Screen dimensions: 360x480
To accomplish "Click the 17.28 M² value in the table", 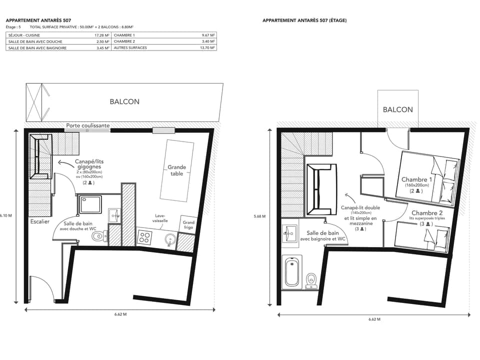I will tap(102, 35).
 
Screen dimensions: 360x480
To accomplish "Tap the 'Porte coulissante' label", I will tap(88, 125).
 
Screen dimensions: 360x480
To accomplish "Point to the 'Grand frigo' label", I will tap(188, 225).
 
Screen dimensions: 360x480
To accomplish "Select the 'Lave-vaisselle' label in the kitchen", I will tap(160, 218).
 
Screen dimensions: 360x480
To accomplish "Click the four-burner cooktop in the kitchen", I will tap(144, 237).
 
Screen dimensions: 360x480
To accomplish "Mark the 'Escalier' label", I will tap(39, 221).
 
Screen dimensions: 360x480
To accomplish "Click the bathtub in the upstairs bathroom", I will tap(292, 272).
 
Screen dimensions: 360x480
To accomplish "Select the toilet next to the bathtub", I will tap(311, 278).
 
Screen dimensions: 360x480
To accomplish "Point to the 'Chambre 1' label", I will tap(416, 179).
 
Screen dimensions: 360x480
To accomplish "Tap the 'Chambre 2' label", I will tap(426, 213).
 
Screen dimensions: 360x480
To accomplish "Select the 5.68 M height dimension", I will tap(260, 216).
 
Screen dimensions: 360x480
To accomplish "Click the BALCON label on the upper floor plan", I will tap(398, 109).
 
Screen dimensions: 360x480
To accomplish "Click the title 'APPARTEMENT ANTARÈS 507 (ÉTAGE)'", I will tap(304, 20).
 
